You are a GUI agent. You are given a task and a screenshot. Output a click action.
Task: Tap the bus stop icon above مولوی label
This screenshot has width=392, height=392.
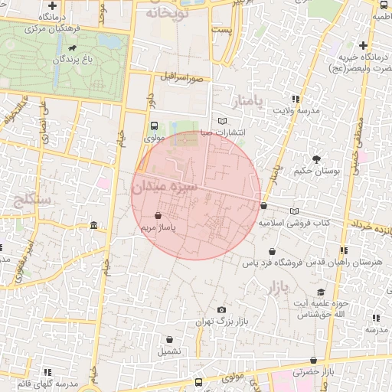coord(155,126)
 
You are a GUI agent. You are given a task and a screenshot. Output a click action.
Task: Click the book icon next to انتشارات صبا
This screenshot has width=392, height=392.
coord(223,122)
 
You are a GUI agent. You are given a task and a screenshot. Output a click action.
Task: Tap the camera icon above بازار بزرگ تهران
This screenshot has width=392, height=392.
coord(221,309)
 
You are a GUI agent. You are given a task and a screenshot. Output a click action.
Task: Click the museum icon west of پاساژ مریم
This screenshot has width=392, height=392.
coord(93,225)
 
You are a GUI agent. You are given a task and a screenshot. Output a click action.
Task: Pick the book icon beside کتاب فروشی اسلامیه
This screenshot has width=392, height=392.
coord(295,211)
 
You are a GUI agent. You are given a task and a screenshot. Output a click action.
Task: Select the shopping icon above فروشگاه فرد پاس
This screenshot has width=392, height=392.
coord(272,251)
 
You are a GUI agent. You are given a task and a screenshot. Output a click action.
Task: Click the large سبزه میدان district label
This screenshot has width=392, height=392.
coord(165,186)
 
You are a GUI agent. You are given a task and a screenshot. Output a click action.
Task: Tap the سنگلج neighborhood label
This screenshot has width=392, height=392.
coord(31,202)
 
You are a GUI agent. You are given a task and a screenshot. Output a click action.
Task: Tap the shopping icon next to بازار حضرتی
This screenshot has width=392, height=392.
coord(312,361)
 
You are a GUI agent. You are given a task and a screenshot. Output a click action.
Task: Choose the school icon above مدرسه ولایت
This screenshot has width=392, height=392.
coord(296,99)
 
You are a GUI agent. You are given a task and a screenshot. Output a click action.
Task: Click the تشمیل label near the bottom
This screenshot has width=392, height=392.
coord(170,351)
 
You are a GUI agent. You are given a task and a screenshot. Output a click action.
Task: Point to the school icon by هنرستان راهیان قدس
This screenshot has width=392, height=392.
coord(344,250)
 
